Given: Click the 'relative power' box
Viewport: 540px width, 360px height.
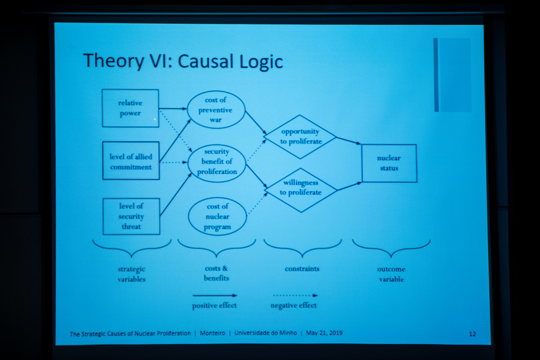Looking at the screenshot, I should (x=130, y=108).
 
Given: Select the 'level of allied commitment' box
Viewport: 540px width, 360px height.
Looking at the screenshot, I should (x=131, y=161).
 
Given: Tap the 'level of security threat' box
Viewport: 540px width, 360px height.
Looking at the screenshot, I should (x=131, y=216).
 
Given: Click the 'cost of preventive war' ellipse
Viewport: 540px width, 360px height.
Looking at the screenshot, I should (x=216, y=110).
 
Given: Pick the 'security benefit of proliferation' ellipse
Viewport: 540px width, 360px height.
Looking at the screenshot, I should (x=217, y=162).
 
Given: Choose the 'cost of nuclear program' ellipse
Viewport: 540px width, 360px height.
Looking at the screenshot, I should (x=217, y=217).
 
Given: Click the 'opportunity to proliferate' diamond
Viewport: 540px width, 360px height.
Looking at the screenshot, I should (x=300, y=137).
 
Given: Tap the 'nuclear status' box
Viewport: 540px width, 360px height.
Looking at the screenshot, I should (x=389, y=163).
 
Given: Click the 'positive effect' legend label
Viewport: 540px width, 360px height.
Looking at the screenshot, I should (x=215, y=306).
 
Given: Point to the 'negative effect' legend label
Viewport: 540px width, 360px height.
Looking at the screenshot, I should (x=294, y=306).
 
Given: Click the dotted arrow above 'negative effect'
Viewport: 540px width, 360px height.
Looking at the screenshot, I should (x=295, y=296).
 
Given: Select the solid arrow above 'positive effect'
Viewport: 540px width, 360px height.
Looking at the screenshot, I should (x=215, y=296).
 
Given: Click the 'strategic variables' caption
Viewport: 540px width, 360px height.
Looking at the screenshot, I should (x=132, y=274).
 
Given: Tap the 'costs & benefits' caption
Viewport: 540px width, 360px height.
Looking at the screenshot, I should (x=216, y=273).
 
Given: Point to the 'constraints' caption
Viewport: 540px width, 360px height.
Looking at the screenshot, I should (x=302, y=269).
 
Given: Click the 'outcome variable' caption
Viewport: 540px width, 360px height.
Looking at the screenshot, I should (x=391, y=274).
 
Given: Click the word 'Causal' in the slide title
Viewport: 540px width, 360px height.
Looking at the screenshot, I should (x=206, y=61).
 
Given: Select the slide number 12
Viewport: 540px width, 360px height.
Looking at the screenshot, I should (x=472, y=334).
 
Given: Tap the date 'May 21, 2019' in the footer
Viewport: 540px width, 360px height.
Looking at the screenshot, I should (x=324, y=333).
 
